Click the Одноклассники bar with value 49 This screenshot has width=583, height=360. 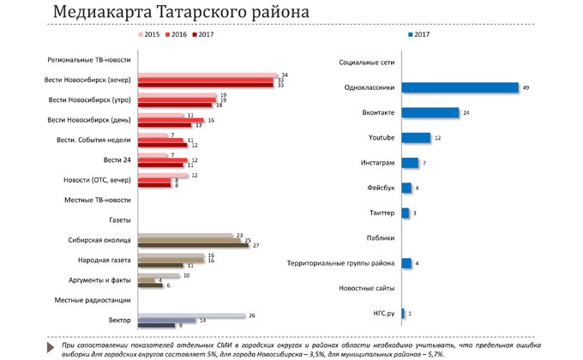(x=460, y=87)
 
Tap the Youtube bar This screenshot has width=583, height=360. (x=416, y=137)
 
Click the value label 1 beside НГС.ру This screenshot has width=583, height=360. (x=411, y=314)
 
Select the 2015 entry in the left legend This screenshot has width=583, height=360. (x=150, y=35)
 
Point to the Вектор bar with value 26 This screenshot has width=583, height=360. (x=191, y=315)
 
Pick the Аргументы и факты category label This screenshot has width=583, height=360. (x=99, y=280)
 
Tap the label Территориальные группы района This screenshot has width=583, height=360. (x=340, y=263)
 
